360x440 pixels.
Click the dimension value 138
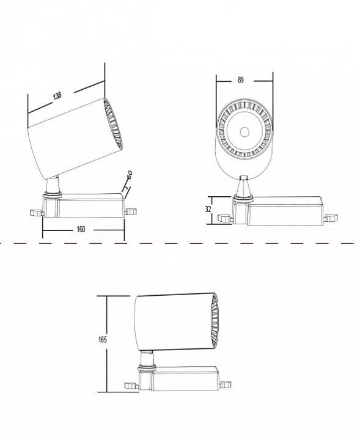tap(57, 96)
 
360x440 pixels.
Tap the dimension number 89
tap(240, 80)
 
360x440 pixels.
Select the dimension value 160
tap(81, 229)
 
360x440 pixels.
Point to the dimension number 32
tap(208, 209)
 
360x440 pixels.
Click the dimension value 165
tap(103, 340)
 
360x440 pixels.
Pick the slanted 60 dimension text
tap(130, 175)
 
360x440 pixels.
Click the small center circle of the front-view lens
tap(244, 132)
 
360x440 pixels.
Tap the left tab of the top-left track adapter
tap(36, 213)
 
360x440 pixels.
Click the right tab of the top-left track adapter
tap(130, 211)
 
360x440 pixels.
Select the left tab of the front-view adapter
tap(225, 218)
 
